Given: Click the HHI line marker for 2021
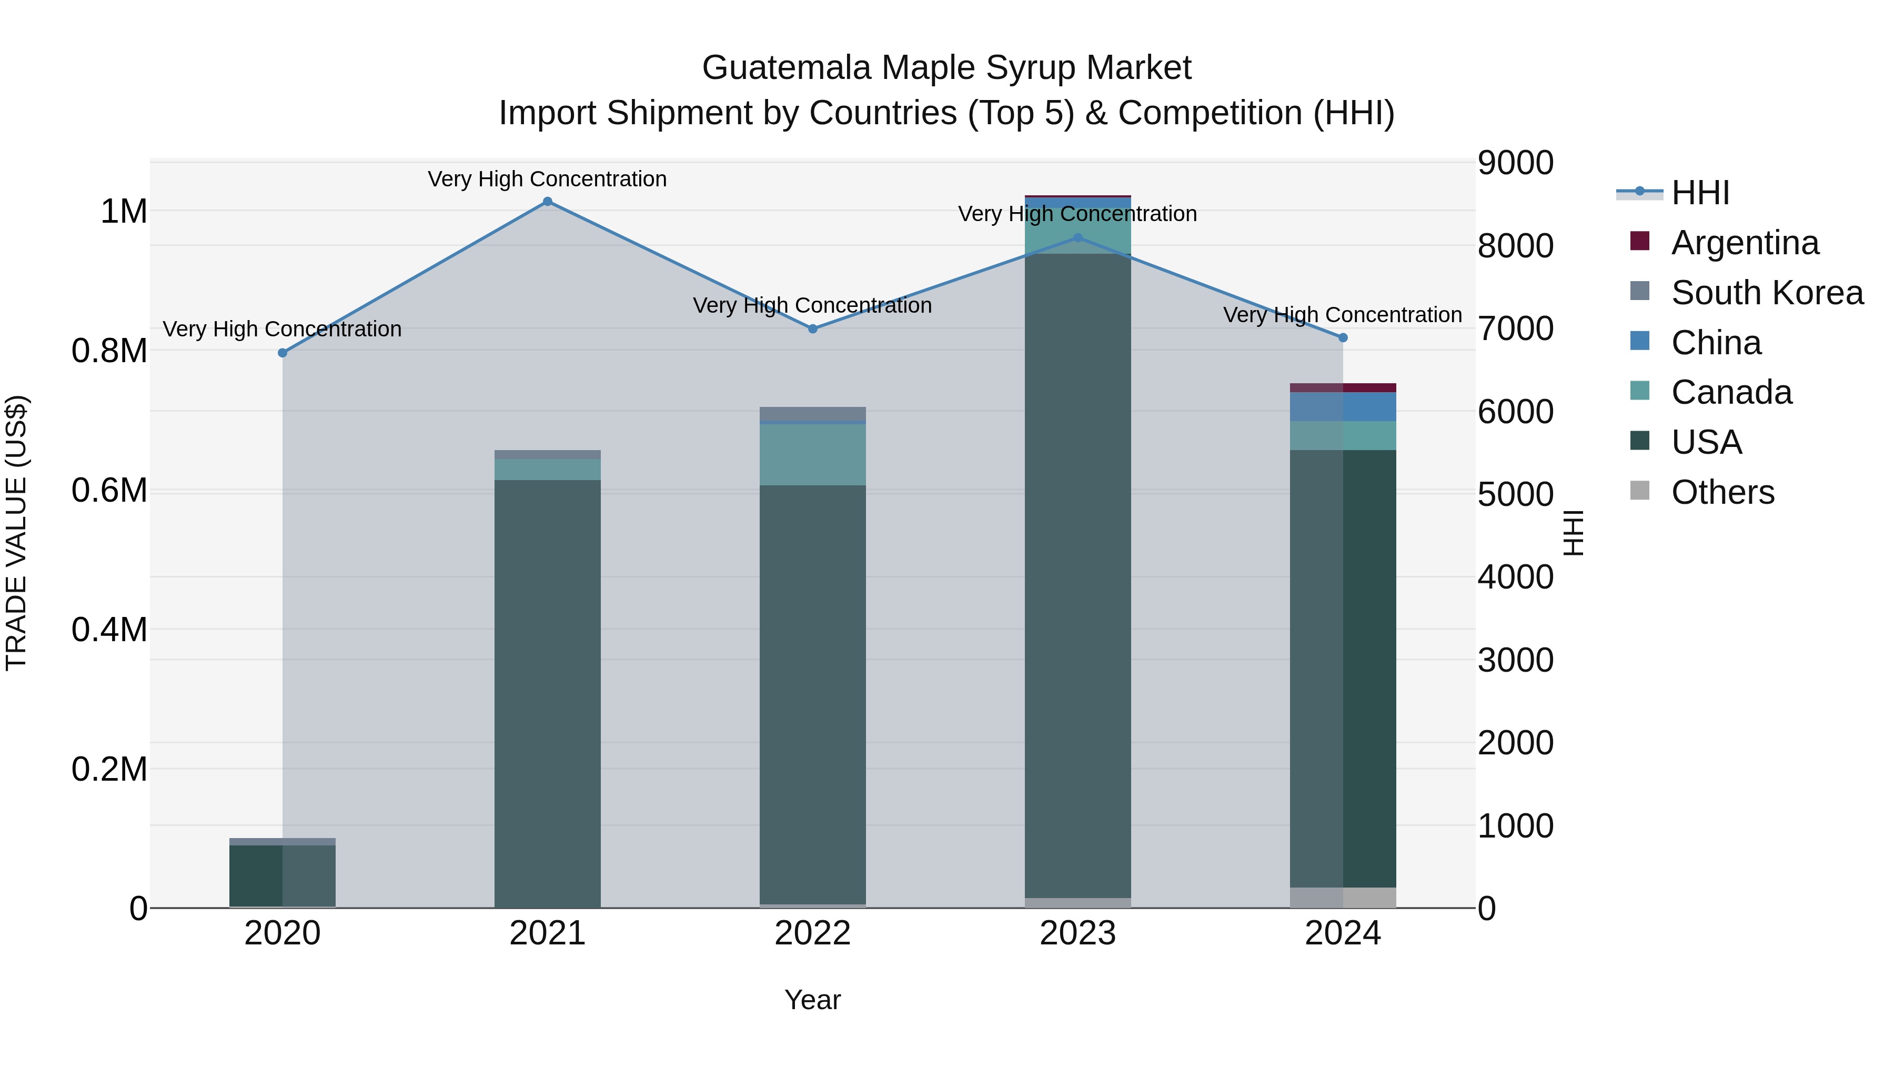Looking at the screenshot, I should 547,202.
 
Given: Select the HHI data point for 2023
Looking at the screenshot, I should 1078,237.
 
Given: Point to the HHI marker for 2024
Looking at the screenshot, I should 1343,337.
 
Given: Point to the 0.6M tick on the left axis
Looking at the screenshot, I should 109,491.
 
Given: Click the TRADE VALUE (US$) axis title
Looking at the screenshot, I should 16,533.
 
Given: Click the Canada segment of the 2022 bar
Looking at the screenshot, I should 812,455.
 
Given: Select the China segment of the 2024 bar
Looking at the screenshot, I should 1343,407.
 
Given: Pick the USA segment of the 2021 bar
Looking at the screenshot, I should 547,692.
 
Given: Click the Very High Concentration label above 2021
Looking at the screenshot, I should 547,180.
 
